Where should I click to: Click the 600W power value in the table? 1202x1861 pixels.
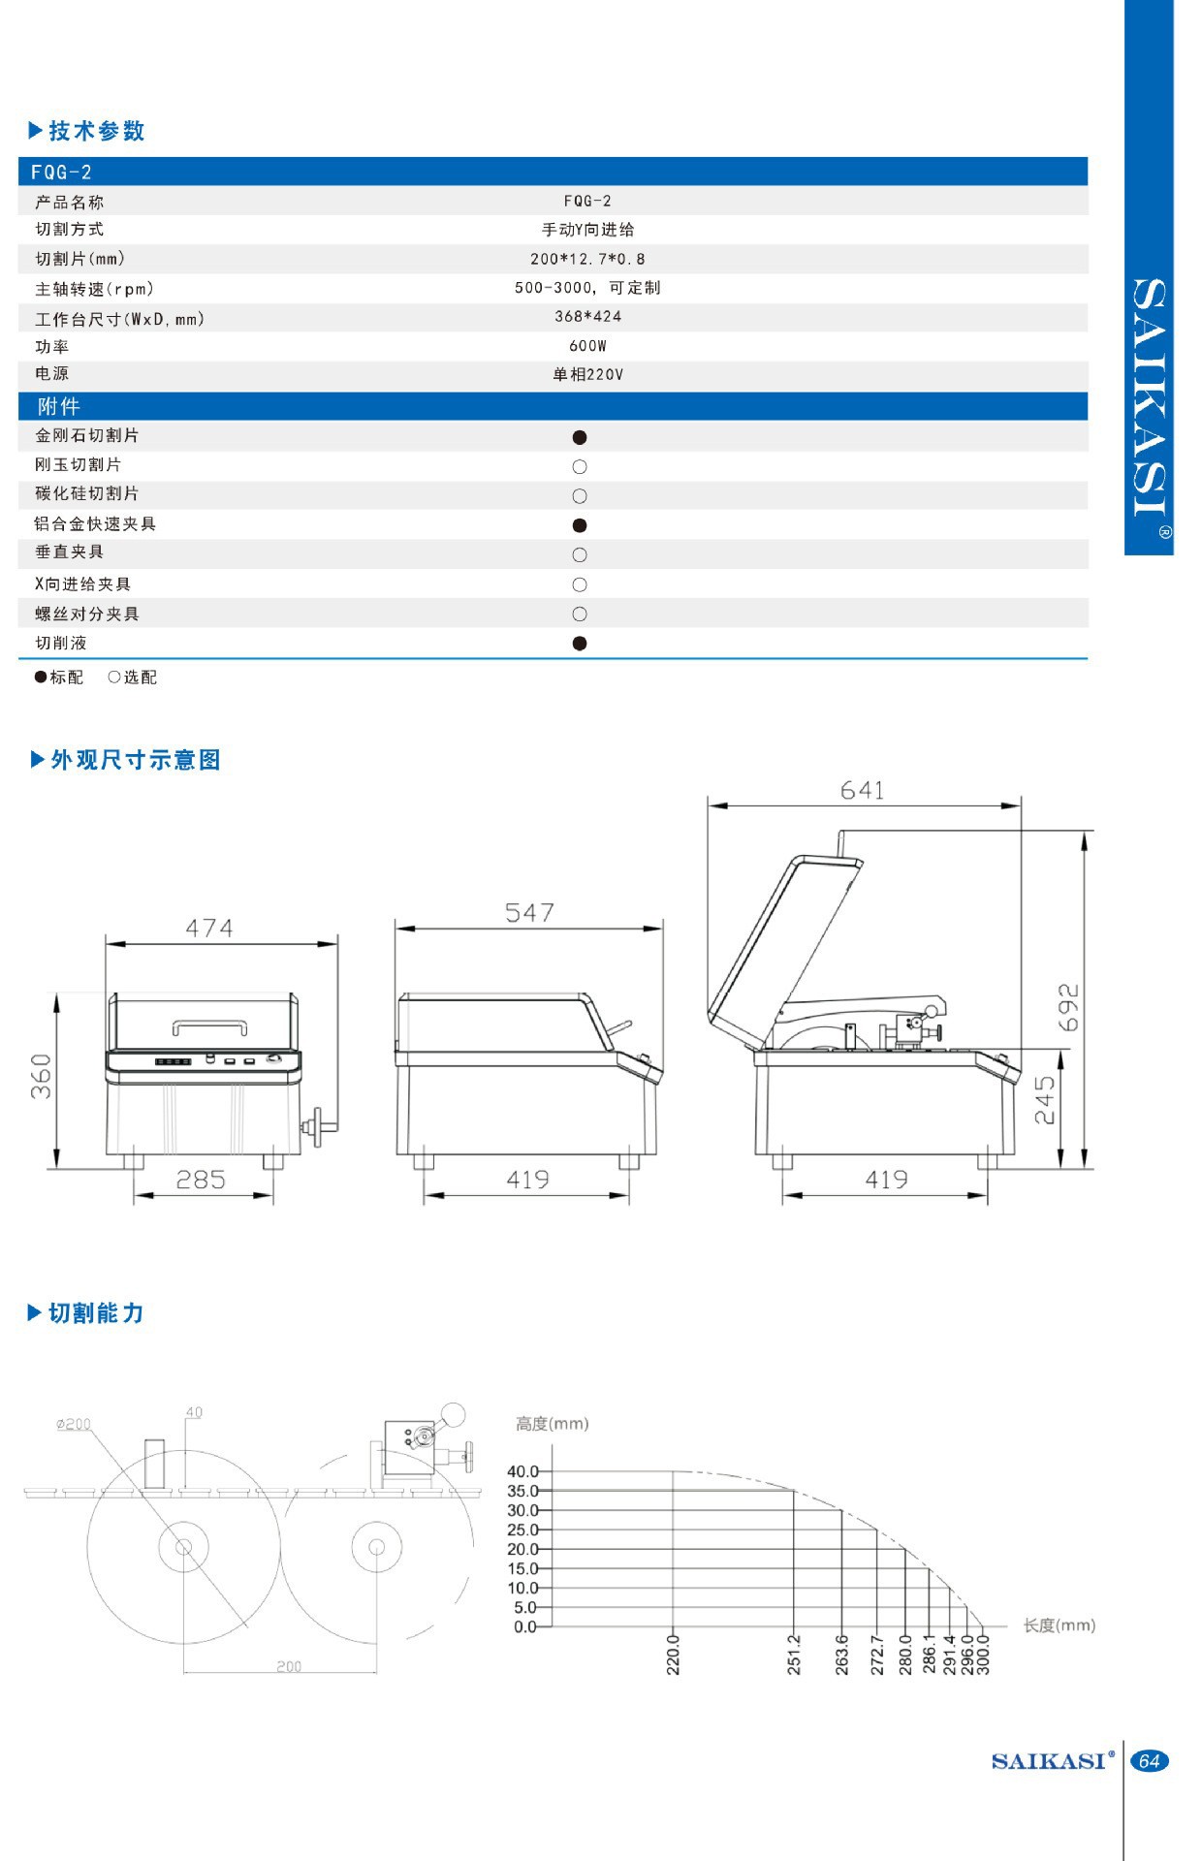[x=587, y=346]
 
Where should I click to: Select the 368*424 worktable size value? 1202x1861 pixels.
[x=587, y=317]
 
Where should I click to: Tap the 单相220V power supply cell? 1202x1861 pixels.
[x=587, y=374]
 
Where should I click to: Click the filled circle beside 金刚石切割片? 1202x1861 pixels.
[x=580, y=437]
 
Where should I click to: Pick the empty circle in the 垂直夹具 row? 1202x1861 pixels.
[x=580, y=554]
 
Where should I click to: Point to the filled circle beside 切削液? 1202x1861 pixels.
[x=580, y=643]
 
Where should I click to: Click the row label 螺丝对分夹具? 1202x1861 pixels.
[x=87, y=614]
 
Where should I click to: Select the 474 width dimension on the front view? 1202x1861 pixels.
[x=209, y=929]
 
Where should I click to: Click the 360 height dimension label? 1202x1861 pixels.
[x=41, y=1076]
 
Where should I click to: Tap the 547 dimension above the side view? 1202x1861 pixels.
[x=529, y=913]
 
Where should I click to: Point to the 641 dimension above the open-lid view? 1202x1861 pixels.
[x=863, y=791]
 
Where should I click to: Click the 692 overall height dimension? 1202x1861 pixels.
[x=1067, y=1008]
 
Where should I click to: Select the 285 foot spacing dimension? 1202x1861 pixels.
[x=201, y=1180]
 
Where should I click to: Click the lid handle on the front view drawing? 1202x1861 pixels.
[x=209, y=1026]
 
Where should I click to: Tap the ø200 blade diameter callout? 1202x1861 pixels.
[x=74, y=1424]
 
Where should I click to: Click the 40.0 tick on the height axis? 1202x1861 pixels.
[x=522, y=1471]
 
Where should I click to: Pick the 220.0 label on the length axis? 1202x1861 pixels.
[x=674, y=1655]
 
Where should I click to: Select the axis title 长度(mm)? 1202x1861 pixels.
[x=1060, y=1625]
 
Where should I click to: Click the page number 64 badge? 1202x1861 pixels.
[x=1150, y=1761]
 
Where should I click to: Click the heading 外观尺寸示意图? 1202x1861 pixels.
[x=136, y=760]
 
